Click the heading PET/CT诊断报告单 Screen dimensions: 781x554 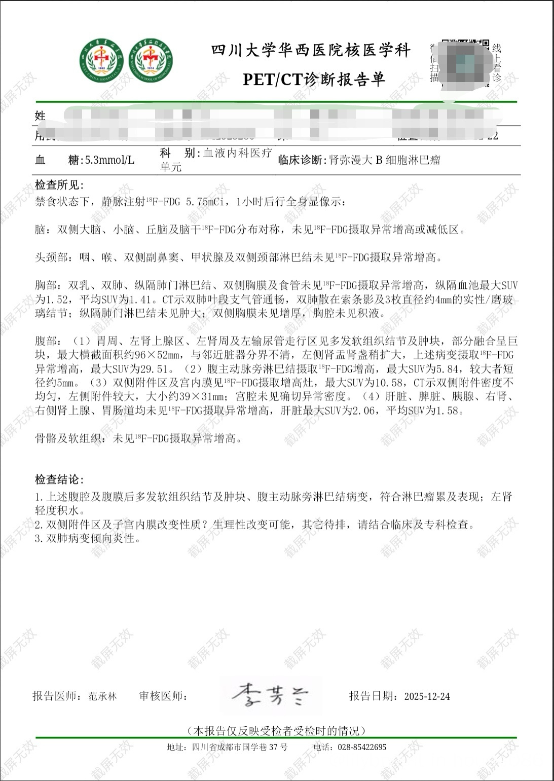tap(314, 80)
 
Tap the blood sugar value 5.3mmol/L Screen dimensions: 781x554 tap(109, 161)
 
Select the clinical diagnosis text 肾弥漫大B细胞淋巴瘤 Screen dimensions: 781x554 tap(384, 161)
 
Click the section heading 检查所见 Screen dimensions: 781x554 tap(59, 185)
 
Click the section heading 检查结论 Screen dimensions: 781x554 tap(59, 479)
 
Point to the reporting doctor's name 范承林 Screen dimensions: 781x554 tap(102, 696)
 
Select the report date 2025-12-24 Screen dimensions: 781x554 tap(427, 696)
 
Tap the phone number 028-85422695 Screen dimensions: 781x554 tap(361, 747)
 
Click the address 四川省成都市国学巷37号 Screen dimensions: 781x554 tap(240, 747)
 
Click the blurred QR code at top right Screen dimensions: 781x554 tap(465, 63)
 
